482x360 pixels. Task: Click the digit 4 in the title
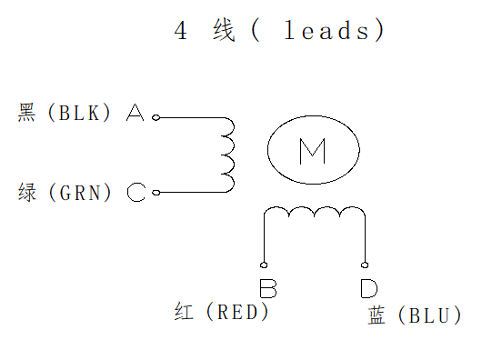point(181,31)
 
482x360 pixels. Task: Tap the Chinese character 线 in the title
point(223,31)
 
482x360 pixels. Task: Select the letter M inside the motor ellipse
point(313,151)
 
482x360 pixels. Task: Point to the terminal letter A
point(136,114)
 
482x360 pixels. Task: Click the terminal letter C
point(136,193)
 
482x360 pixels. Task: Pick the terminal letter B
point(267,289)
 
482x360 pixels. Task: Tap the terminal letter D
point(368,289)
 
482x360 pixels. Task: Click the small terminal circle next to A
point(156,117)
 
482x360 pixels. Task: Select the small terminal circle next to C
point(156,192)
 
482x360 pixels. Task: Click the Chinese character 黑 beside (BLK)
point(27,114)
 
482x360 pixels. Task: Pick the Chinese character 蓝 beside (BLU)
point(377,316)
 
